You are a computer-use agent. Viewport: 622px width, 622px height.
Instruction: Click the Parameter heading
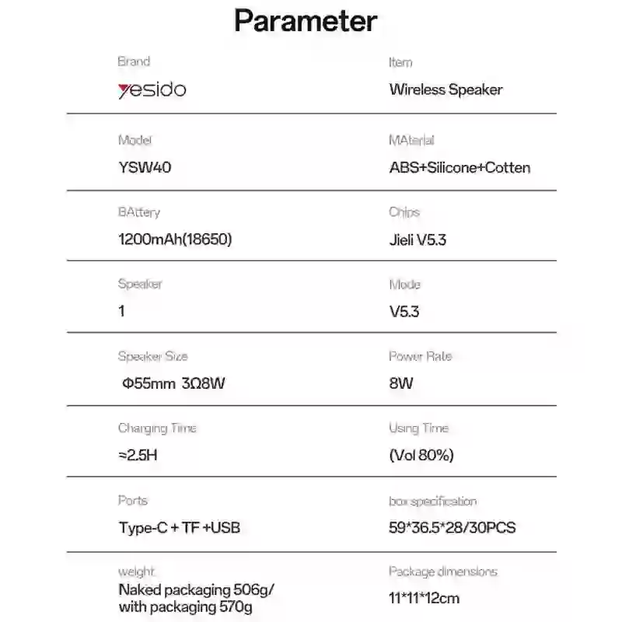pos(306,21)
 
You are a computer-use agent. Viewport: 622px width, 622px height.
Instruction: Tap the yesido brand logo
pos(152,89)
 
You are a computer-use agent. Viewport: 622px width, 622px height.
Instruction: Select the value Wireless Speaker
pos(446,89)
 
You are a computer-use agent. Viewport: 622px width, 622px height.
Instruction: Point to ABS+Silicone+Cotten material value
pos(460,167)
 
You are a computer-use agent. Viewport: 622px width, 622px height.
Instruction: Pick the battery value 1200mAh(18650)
pos(175,239)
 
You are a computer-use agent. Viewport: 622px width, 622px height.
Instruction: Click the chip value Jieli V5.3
pos(418,239)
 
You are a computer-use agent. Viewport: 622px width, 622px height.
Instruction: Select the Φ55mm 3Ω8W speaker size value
pos(174,383)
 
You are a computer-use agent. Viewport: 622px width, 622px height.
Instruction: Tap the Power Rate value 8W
pos(401,383)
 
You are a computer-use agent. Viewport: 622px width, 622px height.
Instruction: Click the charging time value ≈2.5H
pos(138,455)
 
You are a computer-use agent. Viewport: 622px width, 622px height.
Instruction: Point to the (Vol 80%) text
pos(421,455)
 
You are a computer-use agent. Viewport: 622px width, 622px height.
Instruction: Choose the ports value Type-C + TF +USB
pos(179,528)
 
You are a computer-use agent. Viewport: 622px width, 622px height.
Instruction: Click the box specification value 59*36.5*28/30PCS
pos(453,528)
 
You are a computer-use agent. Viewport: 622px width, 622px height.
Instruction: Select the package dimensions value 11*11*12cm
pos(424,598)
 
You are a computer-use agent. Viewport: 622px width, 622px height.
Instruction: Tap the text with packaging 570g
pos(185,607)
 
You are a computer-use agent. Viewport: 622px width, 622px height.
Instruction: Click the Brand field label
pos(134,61)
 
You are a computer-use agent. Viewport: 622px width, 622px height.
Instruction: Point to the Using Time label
pos(418,428)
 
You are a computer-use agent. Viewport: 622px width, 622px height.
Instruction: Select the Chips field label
pos(404,212)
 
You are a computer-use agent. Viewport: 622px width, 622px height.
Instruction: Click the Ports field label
pos(132,501)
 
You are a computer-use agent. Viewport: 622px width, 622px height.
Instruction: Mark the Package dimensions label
pos(442,571)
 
